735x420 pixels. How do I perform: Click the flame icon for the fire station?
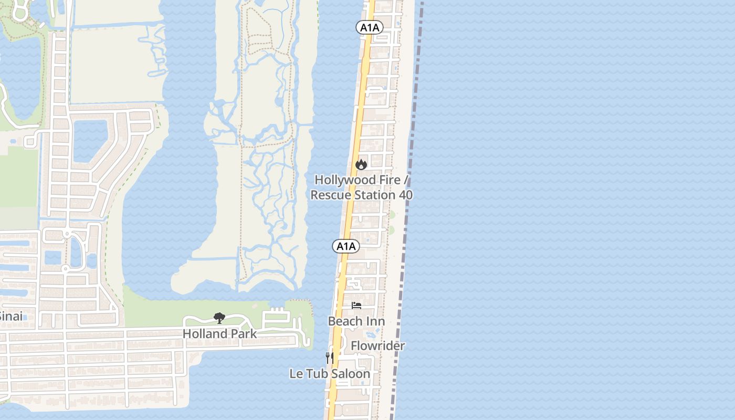coord(361,164)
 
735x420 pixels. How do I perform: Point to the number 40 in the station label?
coord(405,195)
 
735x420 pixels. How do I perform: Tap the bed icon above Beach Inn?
coord(356,306)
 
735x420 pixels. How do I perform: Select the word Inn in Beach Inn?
coord(376,321)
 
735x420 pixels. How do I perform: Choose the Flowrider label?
coord(377,346)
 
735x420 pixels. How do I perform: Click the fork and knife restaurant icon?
coord(330,358)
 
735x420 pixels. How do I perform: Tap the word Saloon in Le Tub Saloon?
coord(352,374)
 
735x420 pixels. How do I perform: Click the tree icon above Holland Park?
coord(219,318)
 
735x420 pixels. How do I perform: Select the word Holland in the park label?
coord(205,334)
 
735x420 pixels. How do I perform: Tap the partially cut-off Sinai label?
coord(10,317)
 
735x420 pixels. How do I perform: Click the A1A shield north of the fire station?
coord(369,28)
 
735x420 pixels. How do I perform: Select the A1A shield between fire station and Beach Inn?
coord(346,246)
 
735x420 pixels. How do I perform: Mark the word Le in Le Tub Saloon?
coord(296,374)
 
